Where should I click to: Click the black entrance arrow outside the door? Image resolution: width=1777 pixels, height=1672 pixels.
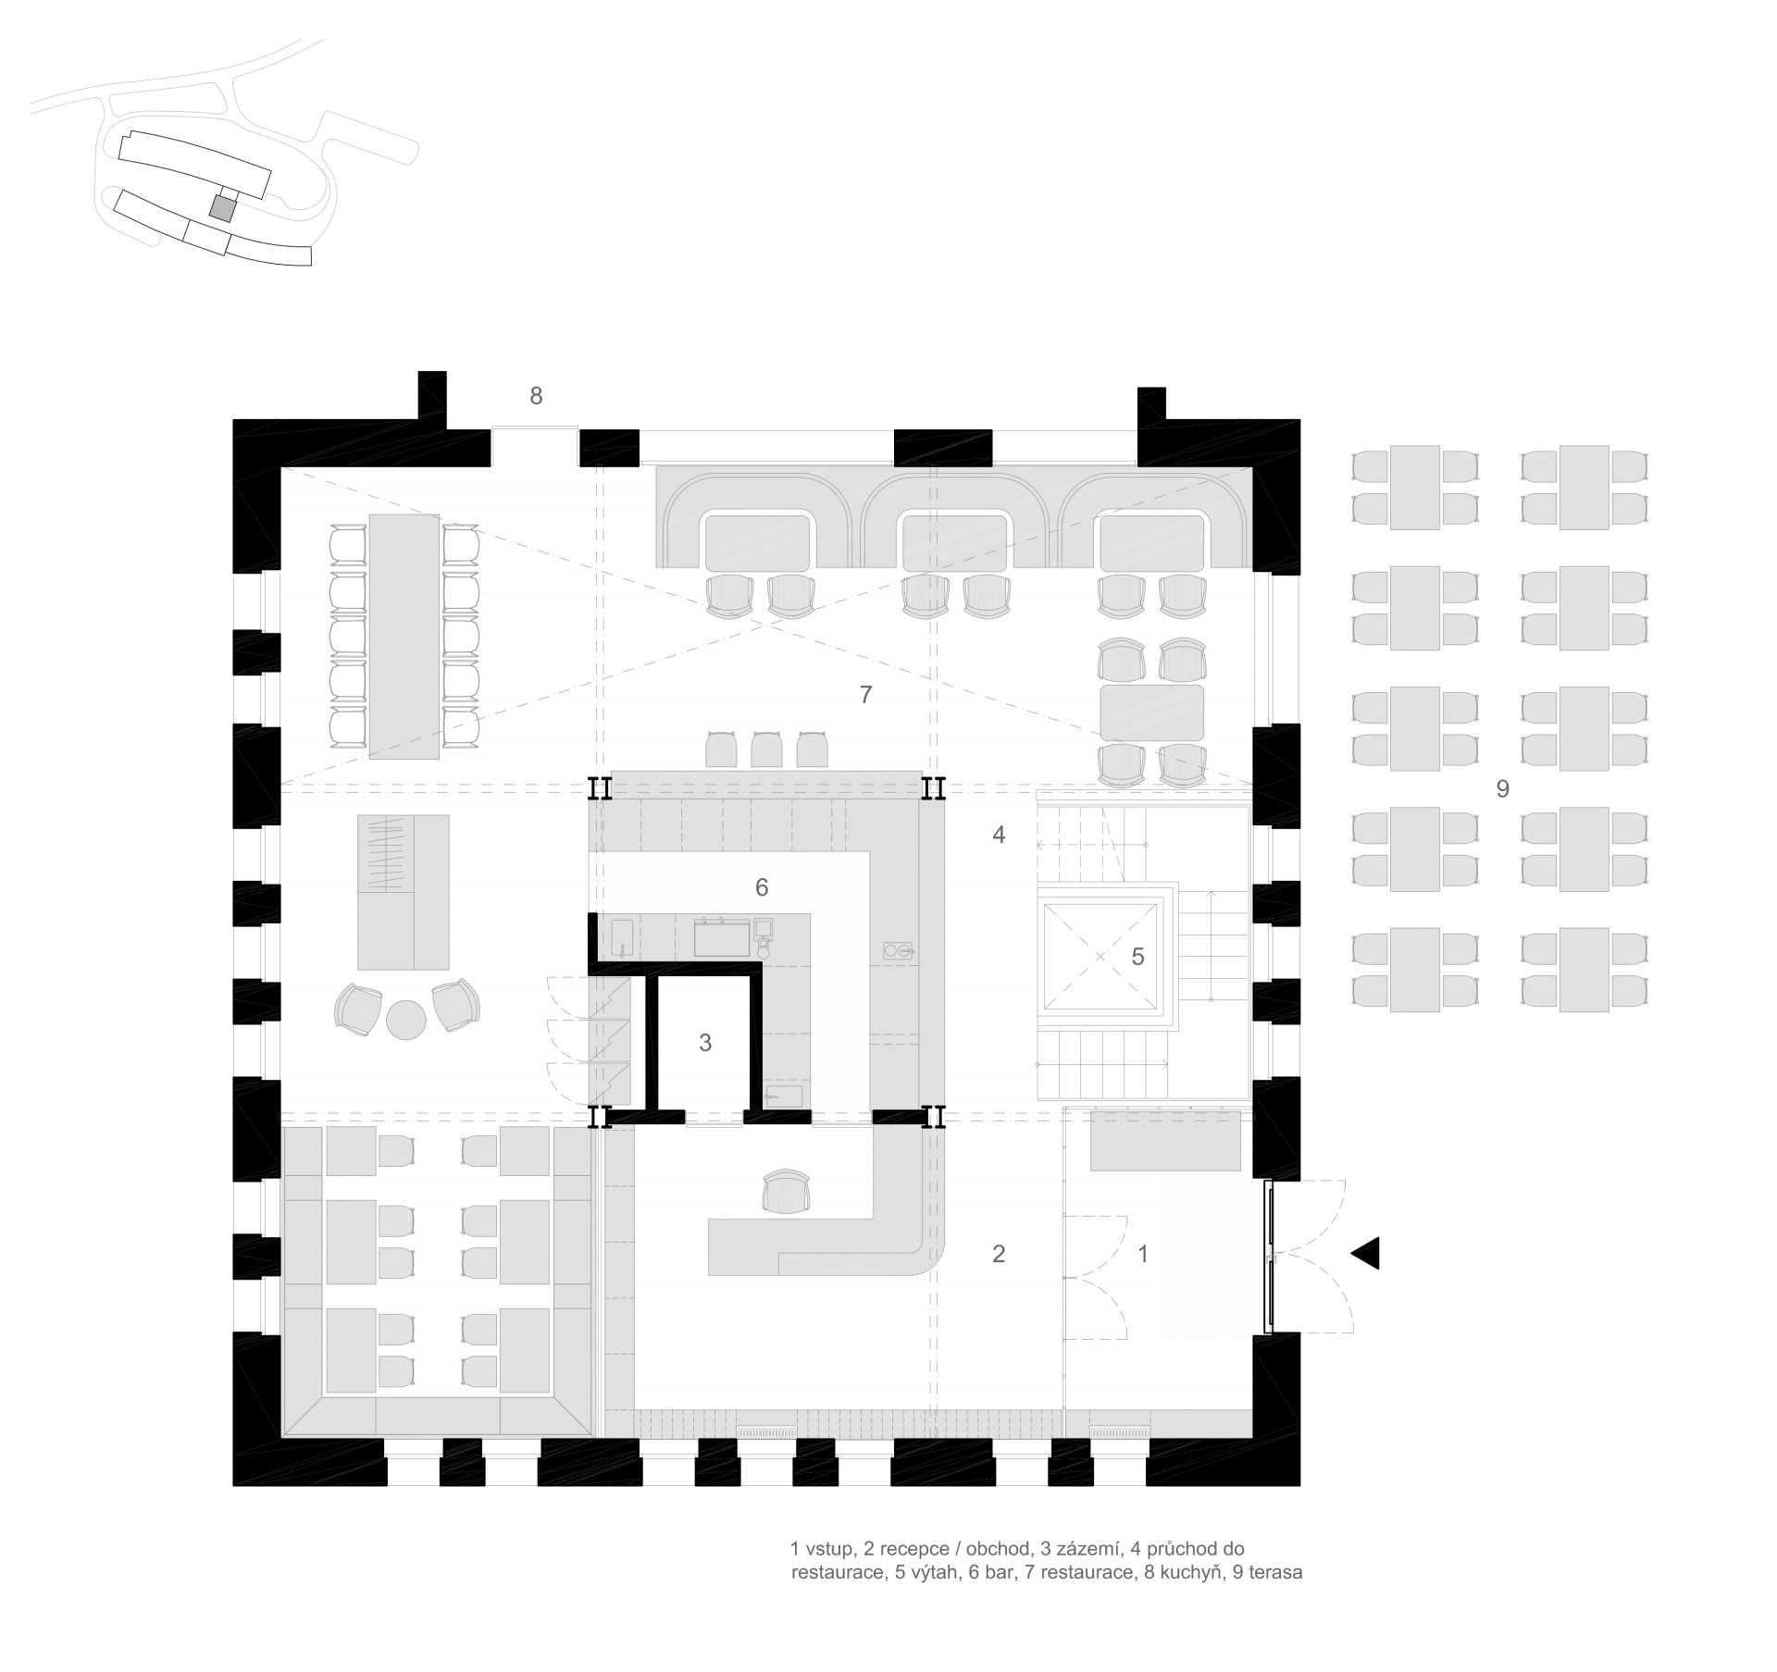[x=1366, y=1253]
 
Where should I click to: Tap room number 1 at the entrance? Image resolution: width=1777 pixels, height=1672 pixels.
[x=1143, y=1254]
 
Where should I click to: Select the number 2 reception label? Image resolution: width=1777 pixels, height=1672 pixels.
[x=998, y=1254]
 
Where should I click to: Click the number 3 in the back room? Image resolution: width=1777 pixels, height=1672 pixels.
[x=705, y=1043]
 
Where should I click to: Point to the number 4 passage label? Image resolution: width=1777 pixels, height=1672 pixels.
[x=999, y=835]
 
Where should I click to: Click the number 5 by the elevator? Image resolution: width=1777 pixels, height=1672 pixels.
[x=1138, y=957]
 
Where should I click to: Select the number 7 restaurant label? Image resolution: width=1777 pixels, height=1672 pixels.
[x=865, y=695]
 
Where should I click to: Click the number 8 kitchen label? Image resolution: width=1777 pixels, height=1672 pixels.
[x=536, y=396]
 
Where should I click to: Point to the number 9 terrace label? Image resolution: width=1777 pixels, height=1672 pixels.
[x=1503, y=789]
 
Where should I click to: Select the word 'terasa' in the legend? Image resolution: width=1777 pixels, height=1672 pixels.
[x=1275, y=1573]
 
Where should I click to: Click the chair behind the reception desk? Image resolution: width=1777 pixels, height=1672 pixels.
[x=786, y=1191]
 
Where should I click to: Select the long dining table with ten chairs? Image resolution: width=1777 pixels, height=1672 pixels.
[x=404, y=637]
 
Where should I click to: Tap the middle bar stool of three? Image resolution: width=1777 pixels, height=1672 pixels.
[x=766, y=749]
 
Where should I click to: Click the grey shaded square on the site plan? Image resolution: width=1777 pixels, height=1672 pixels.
[x=221, y=208]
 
